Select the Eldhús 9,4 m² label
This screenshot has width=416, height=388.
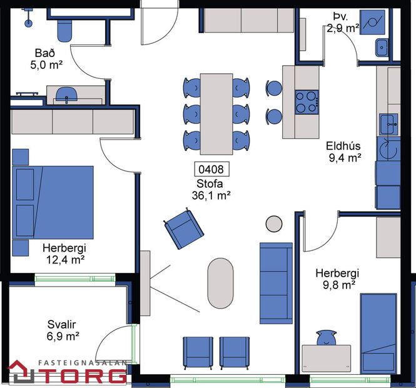343,152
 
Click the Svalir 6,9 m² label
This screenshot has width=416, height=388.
63,330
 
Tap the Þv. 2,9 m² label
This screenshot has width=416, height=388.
342,23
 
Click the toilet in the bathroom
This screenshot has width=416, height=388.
64,29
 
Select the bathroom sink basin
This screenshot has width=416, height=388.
66,94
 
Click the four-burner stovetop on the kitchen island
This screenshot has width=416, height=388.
307,101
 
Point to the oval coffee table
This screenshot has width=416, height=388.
220,283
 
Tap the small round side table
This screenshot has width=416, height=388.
274,223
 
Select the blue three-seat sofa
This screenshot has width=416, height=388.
276,283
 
